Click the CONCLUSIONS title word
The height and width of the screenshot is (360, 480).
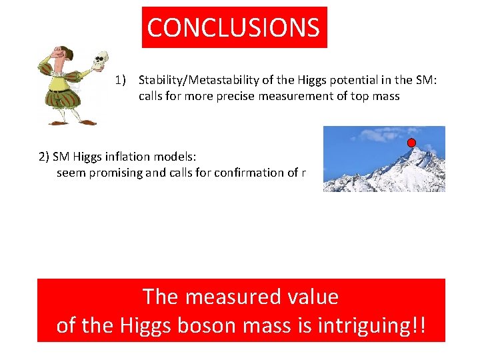[233, 28]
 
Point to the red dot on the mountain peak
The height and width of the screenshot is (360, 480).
[411, 143]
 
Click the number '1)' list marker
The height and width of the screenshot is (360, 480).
[121, 81]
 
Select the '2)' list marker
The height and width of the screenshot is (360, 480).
[44, 157]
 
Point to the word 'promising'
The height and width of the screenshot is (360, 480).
[113, 173]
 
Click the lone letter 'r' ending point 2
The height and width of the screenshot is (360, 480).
[304, 173]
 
